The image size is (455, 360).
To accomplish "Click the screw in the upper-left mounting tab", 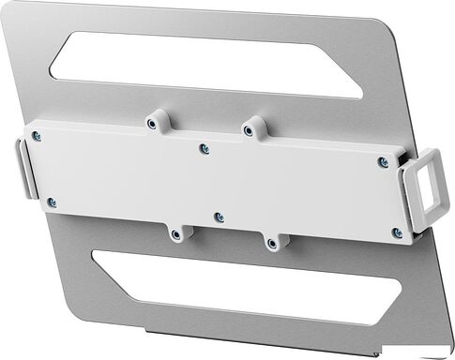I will [x=153, y=122].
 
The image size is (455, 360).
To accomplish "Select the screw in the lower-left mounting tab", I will [x=175, y=233].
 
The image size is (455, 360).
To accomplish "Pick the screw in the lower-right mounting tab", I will [x=272, y=243].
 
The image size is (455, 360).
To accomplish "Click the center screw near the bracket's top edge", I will [x=205, y=148].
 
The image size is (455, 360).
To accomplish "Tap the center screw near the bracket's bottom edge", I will [x=219, y=217].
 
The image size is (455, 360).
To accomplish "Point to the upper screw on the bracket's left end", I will [x=37, y=136].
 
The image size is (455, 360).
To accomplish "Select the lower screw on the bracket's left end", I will [x=52, y=202].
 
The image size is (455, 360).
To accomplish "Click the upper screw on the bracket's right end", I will [x=382, y=162].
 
